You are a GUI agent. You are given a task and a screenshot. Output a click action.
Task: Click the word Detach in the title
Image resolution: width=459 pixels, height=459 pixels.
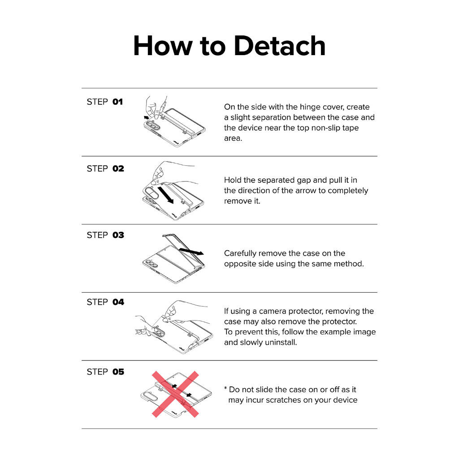[x=280, y=46]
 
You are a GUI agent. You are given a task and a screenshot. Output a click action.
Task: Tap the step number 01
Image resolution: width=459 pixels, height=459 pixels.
[x=117, y=102]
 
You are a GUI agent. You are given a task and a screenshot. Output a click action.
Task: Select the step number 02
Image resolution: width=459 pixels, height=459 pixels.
[x=118, y=169]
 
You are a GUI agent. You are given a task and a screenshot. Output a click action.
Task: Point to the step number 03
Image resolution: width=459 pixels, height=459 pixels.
[x=118, y=235]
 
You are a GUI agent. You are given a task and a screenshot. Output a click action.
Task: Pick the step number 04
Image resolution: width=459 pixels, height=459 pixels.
[x=118, y=302]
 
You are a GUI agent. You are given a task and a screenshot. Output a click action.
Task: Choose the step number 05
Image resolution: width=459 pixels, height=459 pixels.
[x=118, y=372]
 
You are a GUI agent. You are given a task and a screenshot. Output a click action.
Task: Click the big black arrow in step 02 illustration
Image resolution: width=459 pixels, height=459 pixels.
[x=165, y=195]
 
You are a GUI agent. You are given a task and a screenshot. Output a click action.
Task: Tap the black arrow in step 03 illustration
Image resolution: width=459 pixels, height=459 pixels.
[x=191, y=251]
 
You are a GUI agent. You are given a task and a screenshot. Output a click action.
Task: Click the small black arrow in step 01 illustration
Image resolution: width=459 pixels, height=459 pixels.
[x=147, y=118]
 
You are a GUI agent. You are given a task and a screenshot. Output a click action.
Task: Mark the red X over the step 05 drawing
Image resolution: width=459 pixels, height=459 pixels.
[x=175, y=394]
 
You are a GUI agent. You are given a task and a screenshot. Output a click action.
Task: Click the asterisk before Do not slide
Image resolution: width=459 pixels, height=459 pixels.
[x=225, y=389]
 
